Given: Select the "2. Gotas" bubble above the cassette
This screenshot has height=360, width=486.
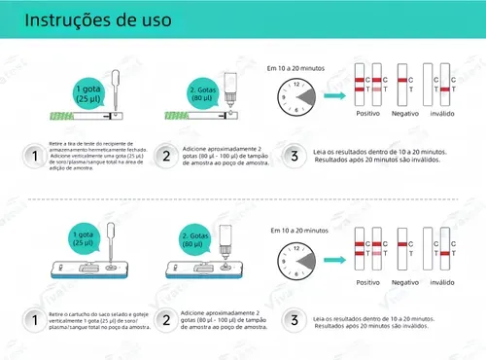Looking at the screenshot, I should [199, 244].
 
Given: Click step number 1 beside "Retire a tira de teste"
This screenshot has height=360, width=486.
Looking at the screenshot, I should [35, 155].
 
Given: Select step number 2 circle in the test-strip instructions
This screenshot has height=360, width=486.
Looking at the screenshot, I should [165, 155].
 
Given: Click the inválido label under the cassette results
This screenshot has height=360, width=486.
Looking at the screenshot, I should [448, 281].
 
